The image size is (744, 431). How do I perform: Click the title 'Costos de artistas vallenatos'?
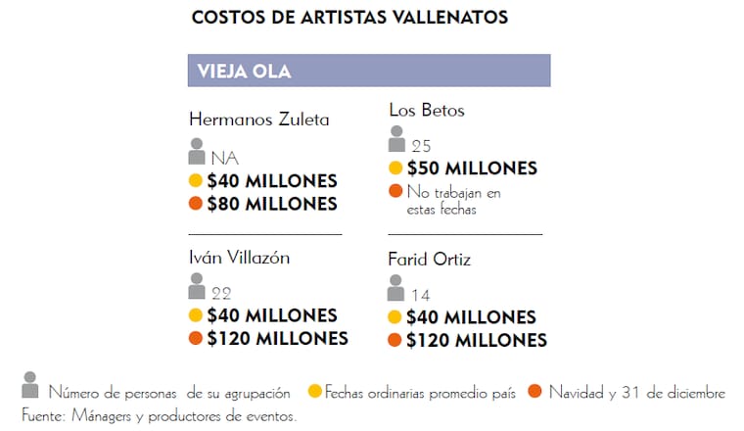(349, 18)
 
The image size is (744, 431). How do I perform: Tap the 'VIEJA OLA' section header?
(244, 71)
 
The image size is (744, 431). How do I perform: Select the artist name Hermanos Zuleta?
(258, 120)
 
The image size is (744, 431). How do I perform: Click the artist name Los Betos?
(427, 110)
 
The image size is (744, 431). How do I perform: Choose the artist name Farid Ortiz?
(430, 260)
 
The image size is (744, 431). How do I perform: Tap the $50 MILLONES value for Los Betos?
(472, 168)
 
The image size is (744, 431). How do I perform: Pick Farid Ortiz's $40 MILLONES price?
(471, 317)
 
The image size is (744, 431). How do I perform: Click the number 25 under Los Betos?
(421, 147)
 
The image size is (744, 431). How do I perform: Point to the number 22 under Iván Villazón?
(221, 293)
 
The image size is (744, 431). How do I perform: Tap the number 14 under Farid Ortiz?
(421, 295)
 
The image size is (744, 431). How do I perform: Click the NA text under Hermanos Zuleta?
(224, 159)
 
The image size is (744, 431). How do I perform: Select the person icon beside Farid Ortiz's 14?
(395, 288)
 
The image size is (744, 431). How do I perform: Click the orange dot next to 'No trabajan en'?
(395, 190)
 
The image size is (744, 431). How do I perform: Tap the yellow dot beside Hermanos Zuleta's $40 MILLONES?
(196, 181)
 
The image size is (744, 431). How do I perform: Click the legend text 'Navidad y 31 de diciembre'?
(636, 393)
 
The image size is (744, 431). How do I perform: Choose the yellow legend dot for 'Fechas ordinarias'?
(314, 392)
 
